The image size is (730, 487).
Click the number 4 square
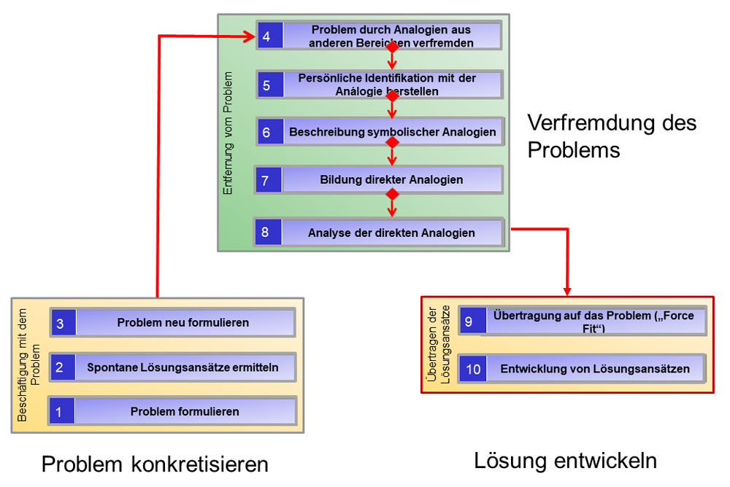tap(268, 36)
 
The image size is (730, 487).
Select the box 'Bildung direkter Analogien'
tap(391, 179)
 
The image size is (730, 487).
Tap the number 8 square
tap(266, 233)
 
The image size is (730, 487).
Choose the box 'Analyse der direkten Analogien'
tap(391, 233)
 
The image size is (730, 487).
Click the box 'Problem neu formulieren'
tap(183, 322)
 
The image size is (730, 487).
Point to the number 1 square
tap(60, 412)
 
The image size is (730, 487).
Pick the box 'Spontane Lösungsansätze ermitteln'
tap(183, 367)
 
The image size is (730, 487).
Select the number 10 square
tap(473, 369)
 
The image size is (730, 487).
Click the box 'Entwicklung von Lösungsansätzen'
tap(595, 369)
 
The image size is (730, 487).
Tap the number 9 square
tap(469, 322)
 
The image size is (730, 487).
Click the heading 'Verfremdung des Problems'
tap(612, 136)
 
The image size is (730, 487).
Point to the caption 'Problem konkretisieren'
tap(155, 464)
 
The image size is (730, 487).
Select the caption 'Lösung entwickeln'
tap(565, 461)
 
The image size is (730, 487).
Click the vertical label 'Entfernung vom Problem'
tap(228, 133)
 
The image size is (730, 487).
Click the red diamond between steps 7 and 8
tap(392, 195)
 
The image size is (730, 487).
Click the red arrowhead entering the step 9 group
tap(567, 291)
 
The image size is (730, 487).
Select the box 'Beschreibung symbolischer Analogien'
tap(392, 132)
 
